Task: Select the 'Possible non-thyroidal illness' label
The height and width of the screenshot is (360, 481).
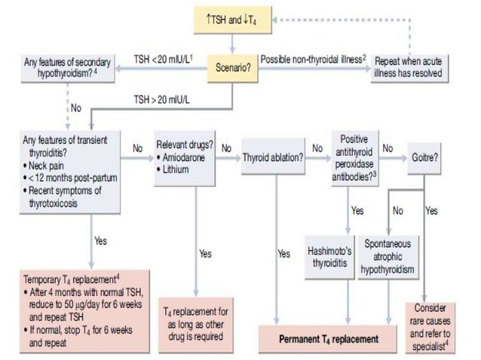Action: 311,58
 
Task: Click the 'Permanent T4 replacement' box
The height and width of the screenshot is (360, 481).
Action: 329,338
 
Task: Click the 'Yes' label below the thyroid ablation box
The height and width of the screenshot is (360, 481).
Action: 283,254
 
